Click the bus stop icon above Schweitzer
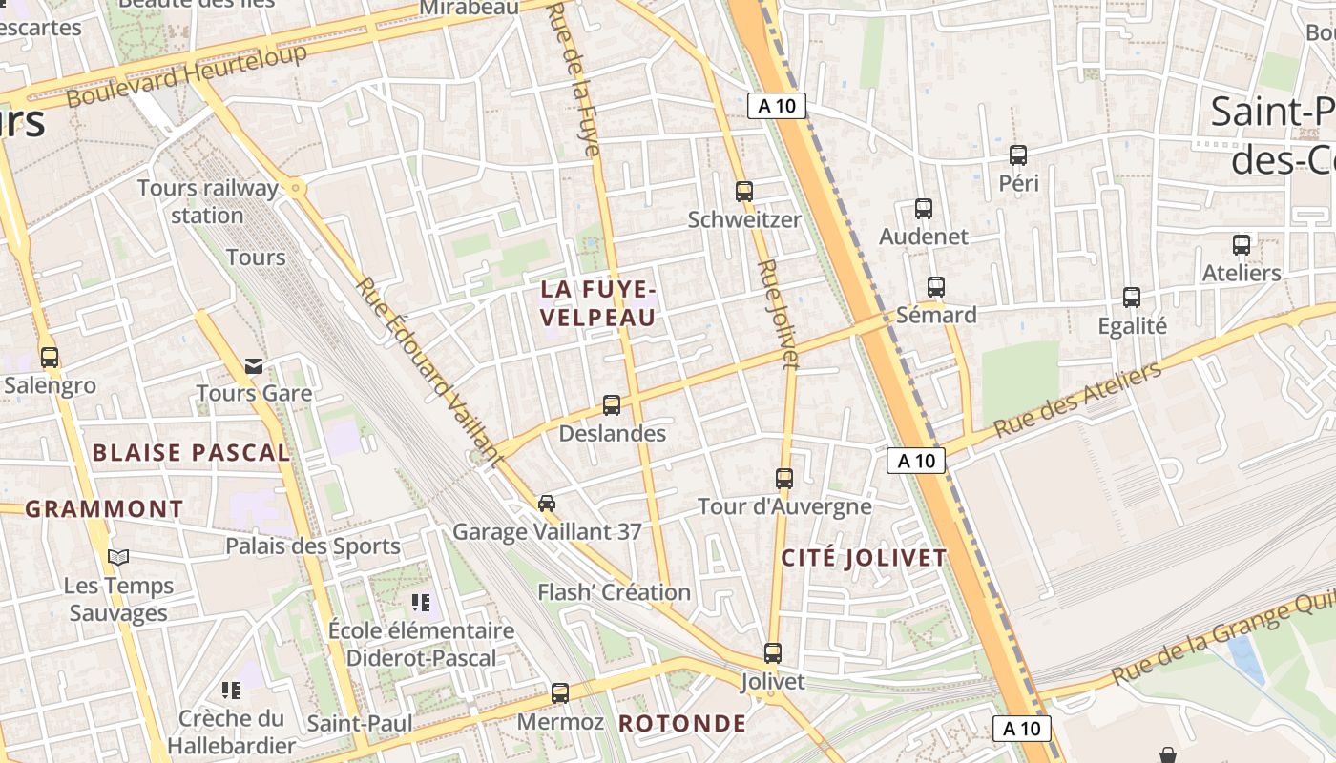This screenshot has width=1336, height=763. pos(744,192)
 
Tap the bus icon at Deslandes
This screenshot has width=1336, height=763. pos(612,405)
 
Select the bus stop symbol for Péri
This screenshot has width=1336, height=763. pos(1018,155)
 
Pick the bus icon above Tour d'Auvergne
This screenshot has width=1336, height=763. pos(784,479)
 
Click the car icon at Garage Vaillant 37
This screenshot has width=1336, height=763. pos(547,504)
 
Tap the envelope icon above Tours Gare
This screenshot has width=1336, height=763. pos(254,366)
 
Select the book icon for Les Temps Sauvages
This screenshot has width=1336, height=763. pos(118,558)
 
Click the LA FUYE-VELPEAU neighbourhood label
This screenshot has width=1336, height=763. pos(598,303)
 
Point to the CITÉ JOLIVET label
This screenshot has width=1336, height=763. pos(864,559)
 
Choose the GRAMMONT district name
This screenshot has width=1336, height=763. pos(104,509)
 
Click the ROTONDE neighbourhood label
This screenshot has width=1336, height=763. pos(682,723)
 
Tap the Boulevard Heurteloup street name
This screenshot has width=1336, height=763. pos(187,74)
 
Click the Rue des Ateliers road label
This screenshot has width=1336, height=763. pos(1077,400)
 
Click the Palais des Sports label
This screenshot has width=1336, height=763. pos(313,546)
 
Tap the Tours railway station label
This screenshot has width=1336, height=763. pos(208,201)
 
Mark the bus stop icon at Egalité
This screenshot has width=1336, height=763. pos(1132,298)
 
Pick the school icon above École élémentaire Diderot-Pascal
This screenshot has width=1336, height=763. pos(421,603)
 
